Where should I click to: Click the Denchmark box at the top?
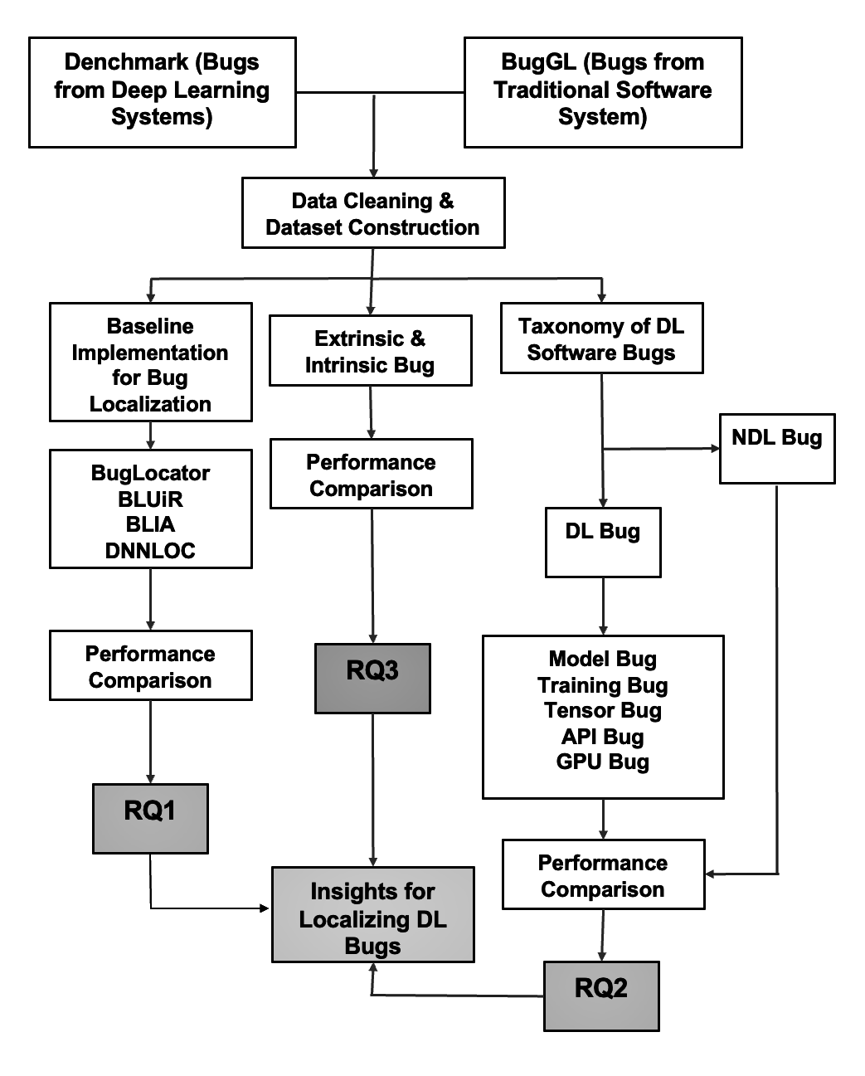(162, 92)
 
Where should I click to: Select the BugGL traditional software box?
(603, 92)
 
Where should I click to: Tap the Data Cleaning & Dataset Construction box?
(372, 213)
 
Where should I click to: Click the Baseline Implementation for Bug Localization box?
(150, 363)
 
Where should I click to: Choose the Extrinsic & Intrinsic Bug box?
(370, 351)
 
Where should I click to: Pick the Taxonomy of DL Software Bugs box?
(601, 338)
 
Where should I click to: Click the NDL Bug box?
(776, 448)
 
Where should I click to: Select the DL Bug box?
(603, 542)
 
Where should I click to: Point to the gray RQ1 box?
(150, 818)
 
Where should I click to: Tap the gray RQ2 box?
(601, 996)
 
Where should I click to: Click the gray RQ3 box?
(372, 678)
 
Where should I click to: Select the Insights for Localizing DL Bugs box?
(372, 914)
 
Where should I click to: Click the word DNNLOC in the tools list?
(150, 551)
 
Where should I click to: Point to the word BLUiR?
(150, 499)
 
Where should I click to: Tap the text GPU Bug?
(603, 762)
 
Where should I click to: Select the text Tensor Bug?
(603, 710)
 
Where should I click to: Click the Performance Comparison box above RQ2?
(603, 874)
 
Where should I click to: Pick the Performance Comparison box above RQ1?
(150, 665)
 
